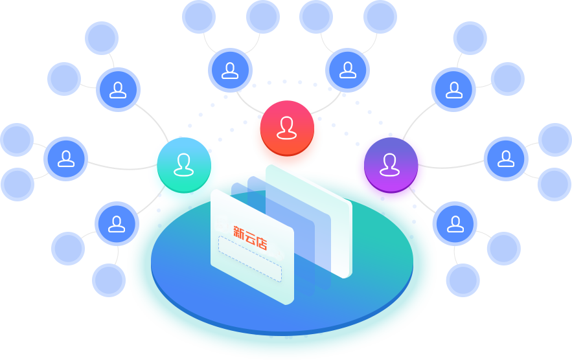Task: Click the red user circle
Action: coord(287,128)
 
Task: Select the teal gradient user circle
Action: coord(184,165)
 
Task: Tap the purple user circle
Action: coord(391,165)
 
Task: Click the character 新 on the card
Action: coord(239,232)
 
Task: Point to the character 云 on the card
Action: coord(250,238)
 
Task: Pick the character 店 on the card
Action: coord(261,243)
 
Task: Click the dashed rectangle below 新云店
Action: coord(250,259)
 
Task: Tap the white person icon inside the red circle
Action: coord(287,128)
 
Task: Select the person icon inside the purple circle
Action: coord(389,165)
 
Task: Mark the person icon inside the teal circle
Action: coord(183,165)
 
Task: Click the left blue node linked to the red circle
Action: coord(230,70)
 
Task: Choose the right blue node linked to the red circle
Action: coord(347,70)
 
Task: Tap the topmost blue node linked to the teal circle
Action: coord(118,90)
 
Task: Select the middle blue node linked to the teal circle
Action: coord(65,159)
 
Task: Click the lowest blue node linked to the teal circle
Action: coord(117,223)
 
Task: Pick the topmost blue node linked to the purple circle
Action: coord(454,90)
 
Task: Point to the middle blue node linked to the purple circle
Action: coord(506,159)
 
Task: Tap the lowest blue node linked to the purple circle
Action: coord(455,223)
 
